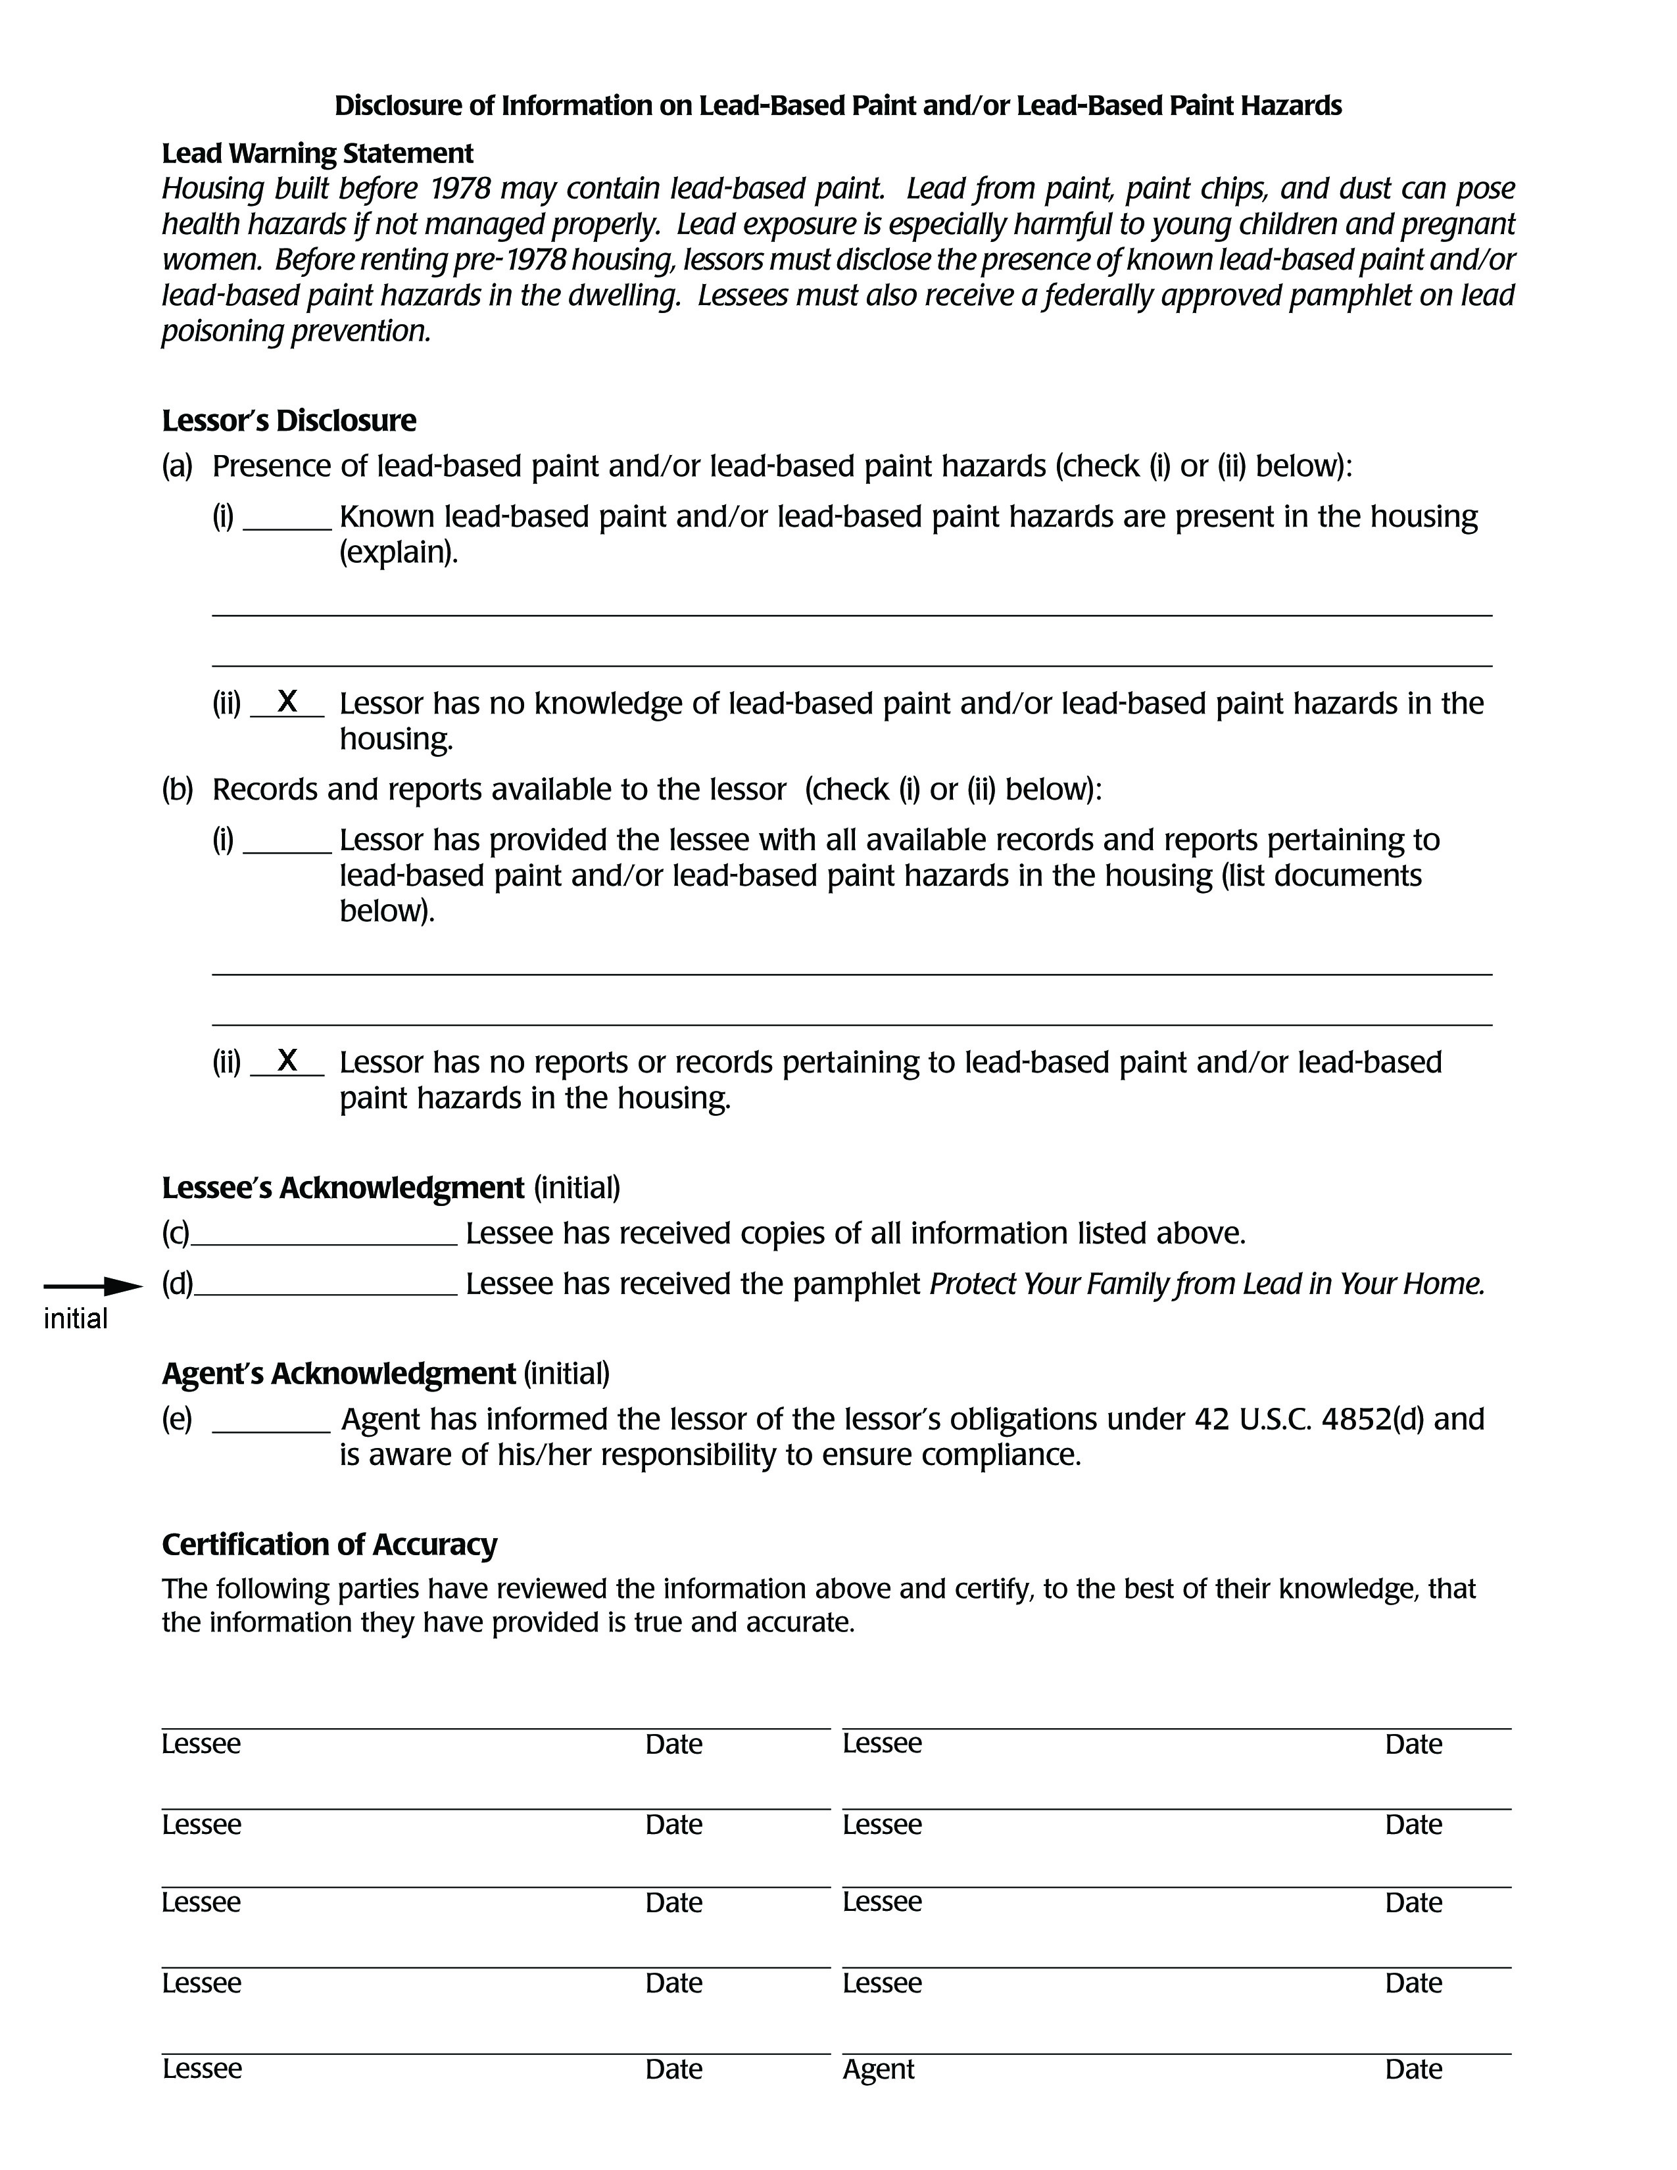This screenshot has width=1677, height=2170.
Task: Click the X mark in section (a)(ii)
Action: click(287, 702)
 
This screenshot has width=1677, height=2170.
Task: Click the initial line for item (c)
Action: click(324, 1243)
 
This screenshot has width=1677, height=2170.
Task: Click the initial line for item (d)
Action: click(326, 1293)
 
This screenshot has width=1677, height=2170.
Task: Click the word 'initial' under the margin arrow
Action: click(76, 1320)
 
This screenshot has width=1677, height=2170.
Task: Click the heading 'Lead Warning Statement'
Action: click(317, 154)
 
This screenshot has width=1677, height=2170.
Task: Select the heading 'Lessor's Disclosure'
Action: click(288, 420)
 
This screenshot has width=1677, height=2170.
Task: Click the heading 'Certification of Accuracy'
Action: click(329, 1544)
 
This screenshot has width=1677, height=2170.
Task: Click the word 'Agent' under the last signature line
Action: click(878, 2069)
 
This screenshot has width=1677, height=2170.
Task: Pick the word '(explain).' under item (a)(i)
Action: click(399, 552)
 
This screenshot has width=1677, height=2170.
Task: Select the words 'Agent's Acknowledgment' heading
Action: click(338, 1373)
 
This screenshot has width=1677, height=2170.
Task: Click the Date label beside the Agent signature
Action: click(1413, 2069)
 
